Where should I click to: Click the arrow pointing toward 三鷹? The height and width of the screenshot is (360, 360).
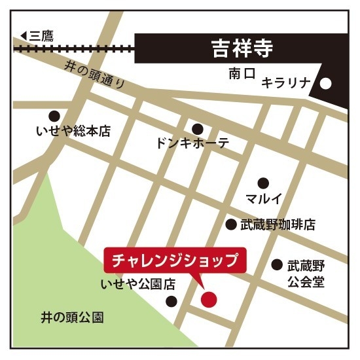[24, 35]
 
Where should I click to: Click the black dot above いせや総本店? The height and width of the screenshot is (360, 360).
[54, 115]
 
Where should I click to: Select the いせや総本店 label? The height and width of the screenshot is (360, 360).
[73, 132]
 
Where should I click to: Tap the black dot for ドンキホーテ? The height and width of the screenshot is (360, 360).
[197, 128]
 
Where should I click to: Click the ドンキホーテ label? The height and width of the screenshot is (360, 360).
[193, 143]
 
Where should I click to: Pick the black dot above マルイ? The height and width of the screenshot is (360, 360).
[263, 183]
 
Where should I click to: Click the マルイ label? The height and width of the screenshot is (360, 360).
[264, 198]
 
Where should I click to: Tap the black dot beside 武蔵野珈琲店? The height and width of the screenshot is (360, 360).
[230, 225]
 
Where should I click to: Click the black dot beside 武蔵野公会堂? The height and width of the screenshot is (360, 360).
[277, 265]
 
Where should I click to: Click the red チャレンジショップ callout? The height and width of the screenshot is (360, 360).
[175, 260]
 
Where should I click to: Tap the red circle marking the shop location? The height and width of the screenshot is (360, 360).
[208, 300]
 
